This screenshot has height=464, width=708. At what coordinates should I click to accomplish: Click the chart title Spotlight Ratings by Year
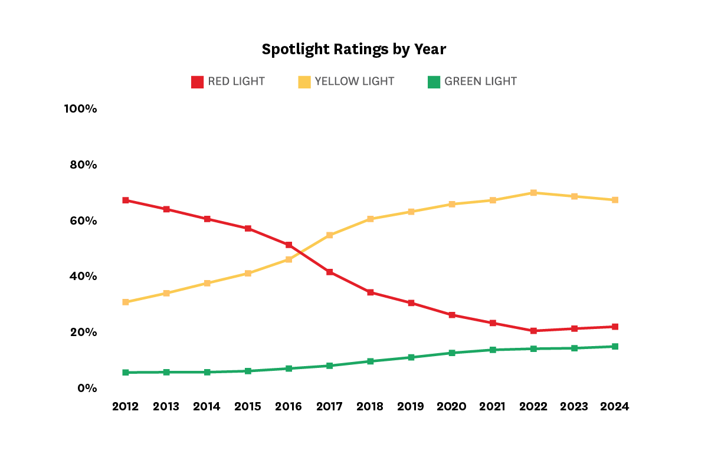pyautogui.click(x=353, y=50)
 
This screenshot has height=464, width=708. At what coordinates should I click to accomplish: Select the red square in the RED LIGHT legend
pyautogui.click(x=197, y=82)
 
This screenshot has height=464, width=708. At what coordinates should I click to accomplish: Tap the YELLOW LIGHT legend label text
pyautogui.click(x=354, y=81)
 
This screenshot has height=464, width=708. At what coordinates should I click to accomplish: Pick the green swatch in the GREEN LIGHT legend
pyautogui.click(x=434, y=82)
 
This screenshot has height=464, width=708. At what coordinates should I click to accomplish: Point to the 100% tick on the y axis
pyautogui.click(x=81, y=109)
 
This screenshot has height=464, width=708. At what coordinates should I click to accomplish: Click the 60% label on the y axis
pyautogui.click(x=83, y=221)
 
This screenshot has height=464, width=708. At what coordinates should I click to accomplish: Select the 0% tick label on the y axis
pyautogui.click(x=86, y=388)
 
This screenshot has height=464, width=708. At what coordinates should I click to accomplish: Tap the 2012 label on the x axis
pyautogui.click(x=125, y=407)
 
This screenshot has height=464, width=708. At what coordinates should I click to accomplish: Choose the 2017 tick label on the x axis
pyautogui.click(x=329, y=407)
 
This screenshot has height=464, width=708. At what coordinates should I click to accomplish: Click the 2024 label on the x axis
pyautogui.click(x=615, y=407)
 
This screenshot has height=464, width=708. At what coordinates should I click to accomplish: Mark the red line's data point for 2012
pyautogui.click(x=126, y=200)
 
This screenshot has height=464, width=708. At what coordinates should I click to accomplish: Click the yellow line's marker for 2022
pyautogui.click(x=533, y=193)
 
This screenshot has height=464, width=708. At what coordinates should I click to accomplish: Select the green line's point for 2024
pyautogui.click(x=615, y=347)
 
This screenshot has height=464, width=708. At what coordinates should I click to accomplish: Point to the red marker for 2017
pyautogui.click(x=330, y=272)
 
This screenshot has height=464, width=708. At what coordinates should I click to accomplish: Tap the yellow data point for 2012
pyautogui.click(x=126, y=302)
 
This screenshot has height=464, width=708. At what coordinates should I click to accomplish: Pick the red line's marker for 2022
pyautogui.click(x=533, y=331)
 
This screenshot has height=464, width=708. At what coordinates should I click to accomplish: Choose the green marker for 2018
pyautogui.click(x=371, y=361)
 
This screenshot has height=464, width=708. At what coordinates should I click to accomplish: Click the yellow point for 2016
pyautogui.click(x=289, y=259)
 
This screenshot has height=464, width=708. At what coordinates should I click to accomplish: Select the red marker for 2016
pyautogui.click(x=289, y=245)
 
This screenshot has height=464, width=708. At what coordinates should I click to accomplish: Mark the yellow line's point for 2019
pyautogui.click(x=411, y=212)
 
